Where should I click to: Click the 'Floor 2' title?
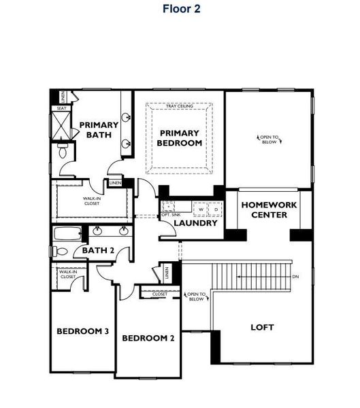(182, 9)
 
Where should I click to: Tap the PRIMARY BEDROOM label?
(180, 138)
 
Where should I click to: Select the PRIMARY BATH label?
(99, 130)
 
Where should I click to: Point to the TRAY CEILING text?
(180, 107)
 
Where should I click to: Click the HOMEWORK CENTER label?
(265, 209)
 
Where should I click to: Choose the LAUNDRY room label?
(195, 223)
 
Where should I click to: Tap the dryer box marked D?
(215, 209)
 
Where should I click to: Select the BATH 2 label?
(98, 251)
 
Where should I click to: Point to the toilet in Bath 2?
(61, 252)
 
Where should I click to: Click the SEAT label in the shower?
(61, 108)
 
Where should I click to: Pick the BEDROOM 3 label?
(82, 331)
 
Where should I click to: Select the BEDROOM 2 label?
(148, 338)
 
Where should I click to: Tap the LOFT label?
(262, 327)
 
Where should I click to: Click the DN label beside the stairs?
(295, 277)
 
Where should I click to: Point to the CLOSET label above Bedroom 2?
(150, 294)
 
